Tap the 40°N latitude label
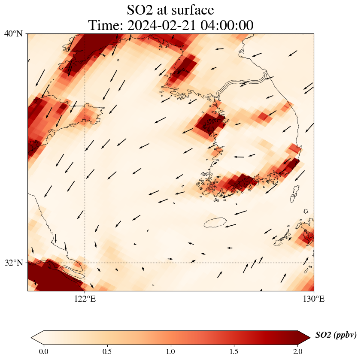pyautogui.click(x=13, y=33)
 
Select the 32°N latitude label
pyautogui.click(x=13, y=263)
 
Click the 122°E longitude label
pyautogui.click(x=85, y=299)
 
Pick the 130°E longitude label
pyautogui.click(x=314, y=299)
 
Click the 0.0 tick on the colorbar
pyautogui.click(x=44, y=351)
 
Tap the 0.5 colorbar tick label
pyautogui.click(x=107, y=351)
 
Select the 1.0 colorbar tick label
pyautogui.click(x=171, y=351)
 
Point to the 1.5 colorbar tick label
pyautogui.click(x=234, y=351)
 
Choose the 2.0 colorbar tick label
pyautogui.click(x=298, y=351)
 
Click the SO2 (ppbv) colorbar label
pyautogui.click(x=336, y=335)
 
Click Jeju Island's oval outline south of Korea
pyautogui.click(x=215, y=222)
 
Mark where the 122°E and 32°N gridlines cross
pyautogui.click(x=85, y=263)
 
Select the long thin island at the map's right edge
pyautogui.click(x=294, y=194)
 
